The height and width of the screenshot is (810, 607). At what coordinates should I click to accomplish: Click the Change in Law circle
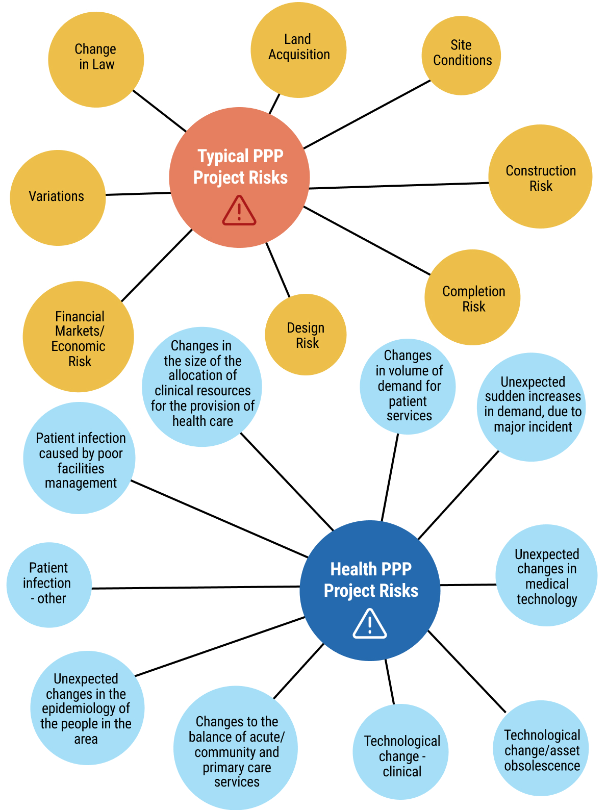pos(96,59)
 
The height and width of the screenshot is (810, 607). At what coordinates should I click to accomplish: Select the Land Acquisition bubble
pos(298,49)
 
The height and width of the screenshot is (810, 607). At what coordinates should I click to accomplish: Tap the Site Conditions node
pos(461,55)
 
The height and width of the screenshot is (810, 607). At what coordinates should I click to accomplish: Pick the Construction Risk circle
pos(540,176)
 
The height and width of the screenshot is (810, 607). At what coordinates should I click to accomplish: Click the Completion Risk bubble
pos(472,297)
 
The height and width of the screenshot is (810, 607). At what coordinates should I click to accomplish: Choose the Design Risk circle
pos(306,335)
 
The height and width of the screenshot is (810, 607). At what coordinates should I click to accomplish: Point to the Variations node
pos(58,197)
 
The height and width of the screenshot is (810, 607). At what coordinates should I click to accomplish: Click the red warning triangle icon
pos(239,211)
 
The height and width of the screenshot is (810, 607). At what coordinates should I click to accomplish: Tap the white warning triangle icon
pos(370,624)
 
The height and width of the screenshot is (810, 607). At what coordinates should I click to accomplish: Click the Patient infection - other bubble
pos(49,585)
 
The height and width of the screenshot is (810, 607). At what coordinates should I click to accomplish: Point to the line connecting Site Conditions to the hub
pos(367,114)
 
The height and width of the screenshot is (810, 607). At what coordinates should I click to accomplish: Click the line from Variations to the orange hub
pos(138,194)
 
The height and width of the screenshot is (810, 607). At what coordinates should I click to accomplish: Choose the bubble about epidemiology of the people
pos(87,708)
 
